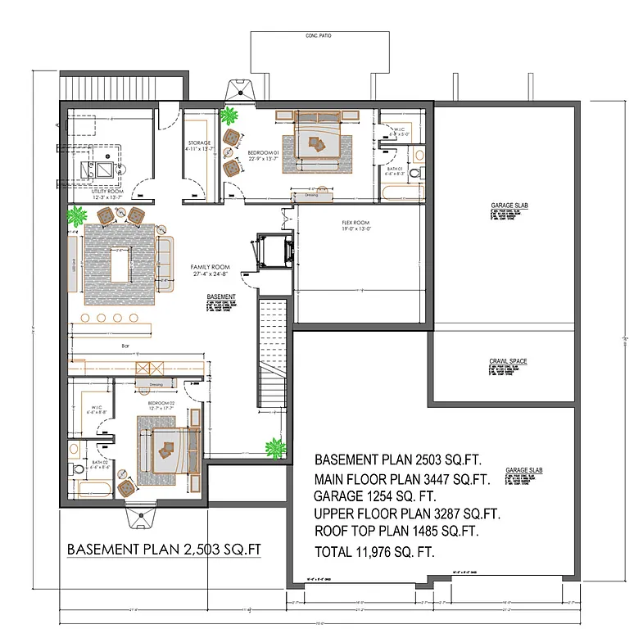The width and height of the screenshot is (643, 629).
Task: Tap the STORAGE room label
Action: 197,143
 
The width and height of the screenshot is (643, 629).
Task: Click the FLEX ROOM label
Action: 355,224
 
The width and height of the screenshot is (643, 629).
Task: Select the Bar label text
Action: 125,346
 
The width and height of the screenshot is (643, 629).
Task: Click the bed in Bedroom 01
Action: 316,141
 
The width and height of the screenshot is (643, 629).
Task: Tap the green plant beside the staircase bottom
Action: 275,448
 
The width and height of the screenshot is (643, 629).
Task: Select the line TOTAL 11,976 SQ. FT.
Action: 374,552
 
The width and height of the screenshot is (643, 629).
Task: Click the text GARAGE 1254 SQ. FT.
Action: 374,496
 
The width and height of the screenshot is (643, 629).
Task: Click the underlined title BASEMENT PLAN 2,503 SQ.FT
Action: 164,549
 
